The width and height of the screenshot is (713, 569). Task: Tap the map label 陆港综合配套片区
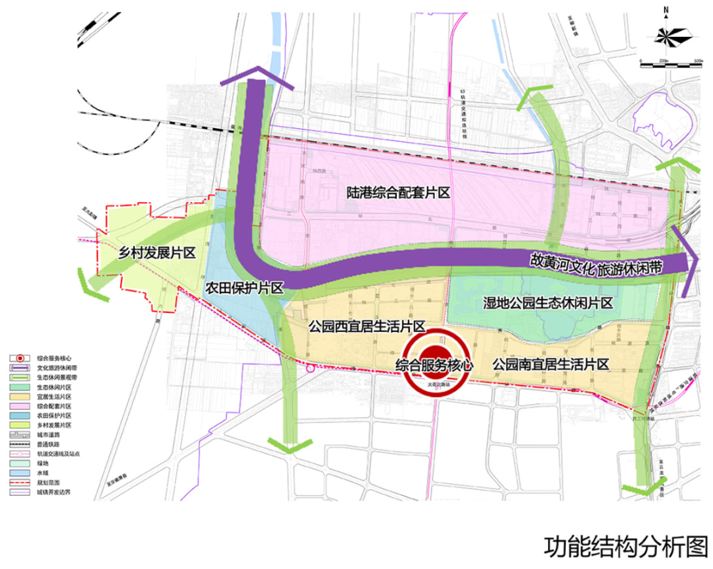tap(399, 193)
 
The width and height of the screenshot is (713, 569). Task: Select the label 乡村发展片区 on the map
tap(156, 253)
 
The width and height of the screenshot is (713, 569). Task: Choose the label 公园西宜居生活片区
tap(366, 326)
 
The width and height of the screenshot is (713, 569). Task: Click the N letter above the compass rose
tap(667, 10)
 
